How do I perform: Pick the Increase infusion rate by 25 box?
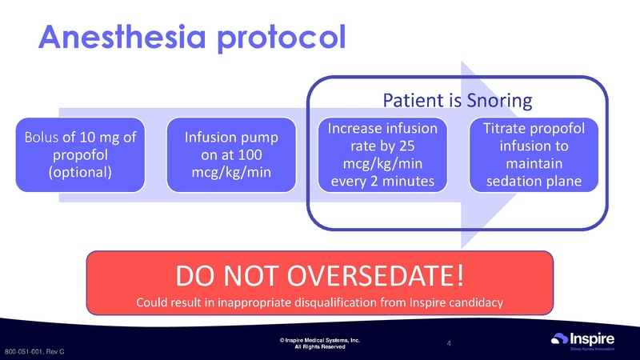click(378, 155)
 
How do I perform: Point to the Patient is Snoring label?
click(458, 101)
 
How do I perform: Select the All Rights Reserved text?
click(320, 347)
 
